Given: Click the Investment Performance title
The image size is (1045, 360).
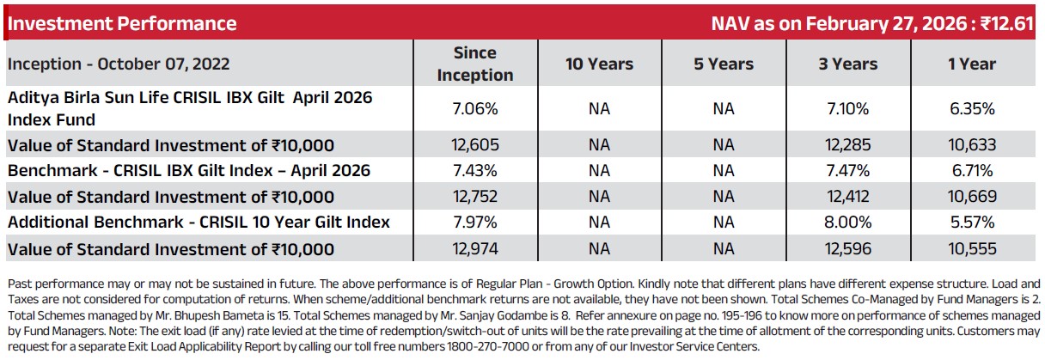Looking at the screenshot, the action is point(122,23).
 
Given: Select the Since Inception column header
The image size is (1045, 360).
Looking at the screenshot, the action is point(475,64).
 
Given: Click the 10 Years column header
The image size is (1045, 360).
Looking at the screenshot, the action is point(600,64).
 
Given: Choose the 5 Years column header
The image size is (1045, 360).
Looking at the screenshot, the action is point(724,64).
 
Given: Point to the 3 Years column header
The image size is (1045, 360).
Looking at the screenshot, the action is point(848,64).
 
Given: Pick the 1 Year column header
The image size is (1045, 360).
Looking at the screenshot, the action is point(972,64).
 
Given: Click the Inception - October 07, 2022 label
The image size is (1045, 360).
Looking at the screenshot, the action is point(119,64).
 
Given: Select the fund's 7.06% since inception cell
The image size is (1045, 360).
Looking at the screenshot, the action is point(475,108).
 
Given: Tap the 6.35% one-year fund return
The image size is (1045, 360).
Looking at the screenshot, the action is point(972,108).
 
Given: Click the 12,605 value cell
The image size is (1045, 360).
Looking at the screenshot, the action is point(475,144).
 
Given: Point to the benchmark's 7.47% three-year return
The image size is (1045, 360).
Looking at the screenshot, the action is point(848,171).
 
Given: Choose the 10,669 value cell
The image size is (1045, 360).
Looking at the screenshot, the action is point(972,196).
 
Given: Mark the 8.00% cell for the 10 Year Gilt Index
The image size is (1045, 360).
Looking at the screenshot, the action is point(848,222).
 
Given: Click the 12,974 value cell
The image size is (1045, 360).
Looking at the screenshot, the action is point(475,248).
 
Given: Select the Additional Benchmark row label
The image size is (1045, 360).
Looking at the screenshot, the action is point(199,222).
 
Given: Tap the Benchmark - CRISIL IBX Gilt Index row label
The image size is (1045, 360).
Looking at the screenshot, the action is point(189,171).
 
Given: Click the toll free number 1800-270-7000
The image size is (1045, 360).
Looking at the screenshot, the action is point(488,347).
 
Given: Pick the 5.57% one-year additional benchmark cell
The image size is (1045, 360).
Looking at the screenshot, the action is point(972,222).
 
